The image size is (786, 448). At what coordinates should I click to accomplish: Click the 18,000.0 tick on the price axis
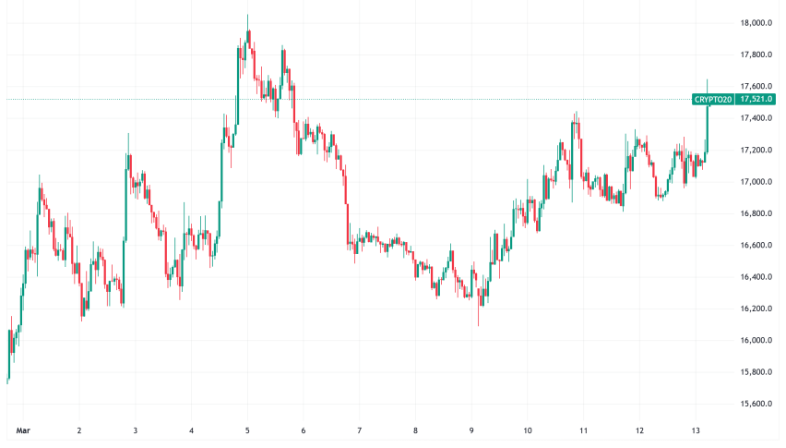click(x=756, y=23)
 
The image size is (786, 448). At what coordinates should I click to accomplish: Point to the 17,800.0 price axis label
click(x=756, y=55)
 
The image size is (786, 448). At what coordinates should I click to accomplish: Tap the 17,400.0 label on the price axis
click(x=756, y=118)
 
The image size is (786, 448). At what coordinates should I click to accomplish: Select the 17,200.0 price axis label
click(x=756, y=150)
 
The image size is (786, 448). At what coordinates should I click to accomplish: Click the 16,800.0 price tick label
click(x=756, y=213)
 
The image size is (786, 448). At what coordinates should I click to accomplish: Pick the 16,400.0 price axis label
click(x=756, y=277)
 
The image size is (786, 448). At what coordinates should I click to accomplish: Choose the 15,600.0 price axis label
click(x=756, y=404)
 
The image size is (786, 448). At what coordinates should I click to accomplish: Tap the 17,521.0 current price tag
click(x=756, y=99)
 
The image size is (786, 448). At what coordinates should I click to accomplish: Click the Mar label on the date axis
click(x=22, y=430)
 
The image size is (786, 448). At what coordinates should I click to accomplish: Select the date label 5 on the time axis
click(x=247, y=430)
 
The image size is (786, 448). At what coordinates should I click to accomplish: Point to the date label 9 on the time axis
click(x=472, y=430)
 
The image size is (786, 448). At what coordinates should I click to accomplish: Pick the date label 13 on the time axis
click(x=696, y=430)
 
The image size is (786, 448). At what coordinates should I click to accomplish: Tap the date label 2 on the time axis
click(x=79, y=430)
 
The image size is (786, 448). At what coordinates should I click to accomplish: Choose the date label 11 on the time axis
click(x=584, y=430)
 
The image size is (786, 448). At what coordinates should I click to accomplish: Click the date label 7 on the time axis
click(x=360, y=430)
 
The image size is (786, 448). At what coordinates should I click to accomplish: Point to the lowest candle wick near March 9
click(x=478, y=321)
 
